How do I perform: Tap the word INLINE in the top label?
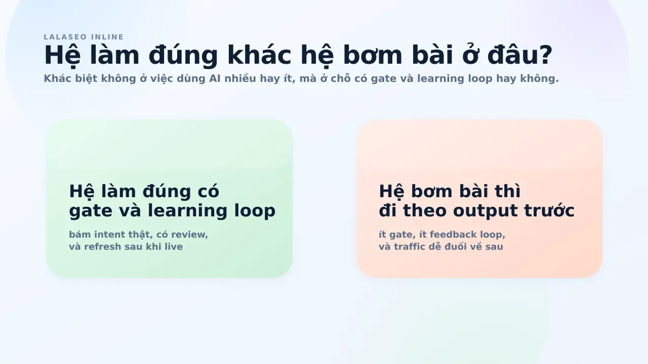[x=107, y=37]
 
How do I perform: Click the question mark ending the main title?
[x=545, y=55]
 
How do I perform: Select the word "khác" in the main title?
[x=259, y=55]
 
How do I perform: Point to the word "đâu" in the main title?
[x=512, y=55]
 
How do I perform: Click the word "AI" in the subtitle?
[x=215, y=78]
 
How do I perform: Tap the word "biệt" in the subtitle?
[x=86, y=78]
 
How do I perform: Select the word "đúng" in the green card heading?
[x=167, y=192]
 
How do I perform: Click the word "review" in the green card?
[x=189, y=235]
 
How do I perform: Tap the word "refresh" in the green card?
[x=103, y=246]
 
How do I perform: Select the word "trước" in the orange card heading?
[x=549, y=210]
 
